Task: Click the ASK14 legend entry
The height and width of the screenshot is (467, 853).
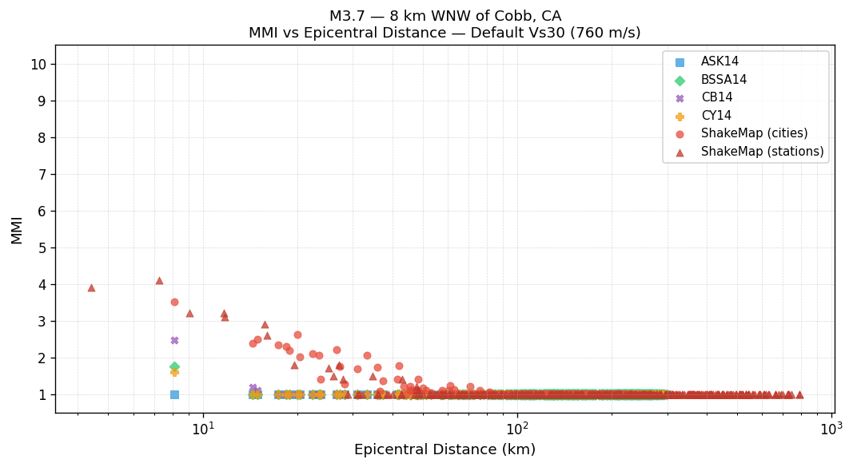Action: [719, 62]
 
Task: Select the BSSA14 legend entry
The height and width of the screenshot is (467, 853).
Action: [723, 80]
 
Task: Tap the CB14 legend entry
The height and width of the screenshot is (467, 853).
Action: [716, 97]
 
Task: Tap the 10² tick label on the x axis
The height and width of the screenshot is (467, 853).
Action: [517, 428]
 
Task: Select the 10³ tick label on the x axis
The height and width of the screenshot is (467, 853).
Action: [831, 428]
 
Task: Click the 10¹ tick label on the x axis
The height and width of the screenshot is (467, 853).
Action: [203, 428]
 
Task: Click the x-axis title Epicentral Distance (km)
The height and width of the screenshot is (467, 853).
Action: [444, 450]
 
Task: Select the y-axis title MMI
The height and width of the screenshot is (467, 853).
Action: [17, 229]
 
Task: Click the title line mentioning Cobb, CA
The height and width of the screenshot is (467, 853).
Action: [444, 16]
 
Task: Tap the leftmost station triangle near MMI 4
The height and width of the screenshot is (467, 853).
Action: [91, 287]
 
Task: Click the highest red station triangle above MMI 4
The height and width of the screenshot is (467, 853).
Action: [159, 280]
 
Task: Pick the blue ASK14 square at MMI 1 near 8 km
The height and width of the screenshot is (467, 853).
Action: [174, 394]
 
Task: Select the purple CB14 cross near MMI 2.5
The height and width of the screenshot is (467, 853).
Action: [174, 340]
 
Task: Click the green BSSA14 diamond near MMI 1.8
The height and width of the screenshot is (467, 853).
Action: [174, 366]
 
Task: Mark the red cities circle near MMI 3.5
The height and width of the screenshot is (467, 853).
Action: [174, 302]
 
